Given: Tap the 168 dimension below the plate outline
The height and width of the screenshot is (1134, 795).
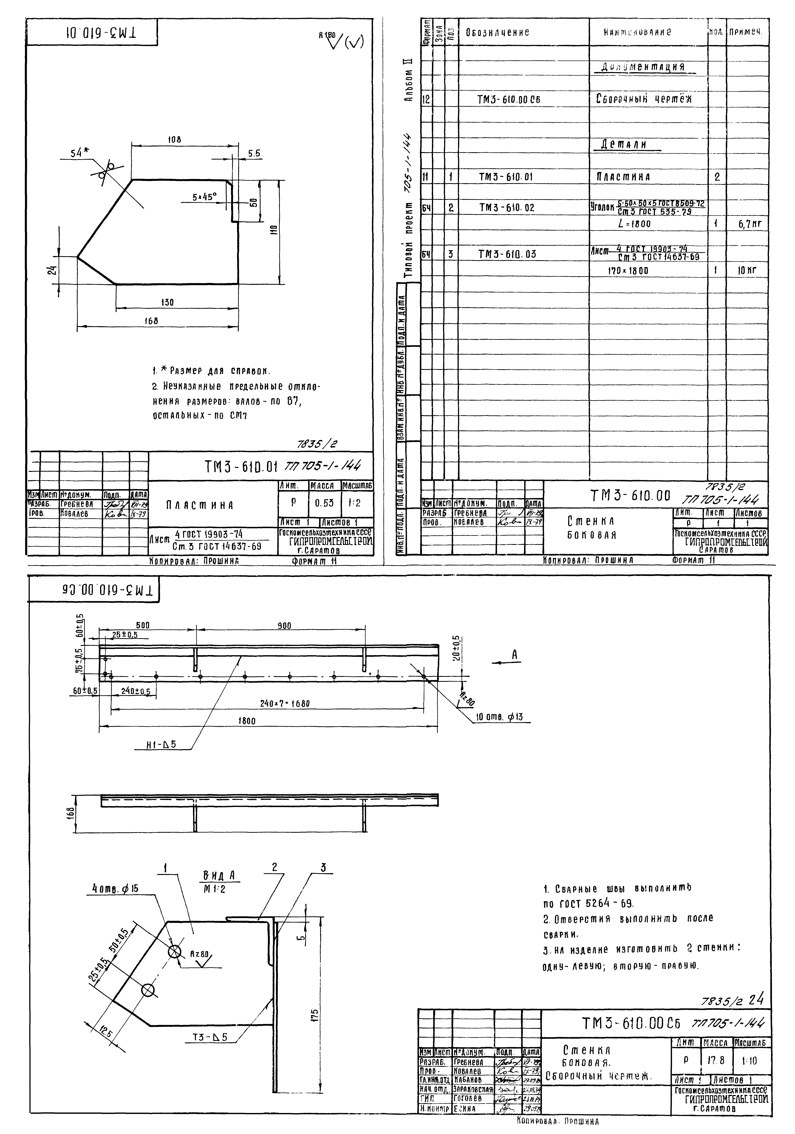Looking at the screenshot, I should tap(151, 321).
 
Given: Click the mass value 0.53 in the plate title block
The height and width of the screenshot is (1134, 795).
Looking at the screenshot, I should tap(324, 503).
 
